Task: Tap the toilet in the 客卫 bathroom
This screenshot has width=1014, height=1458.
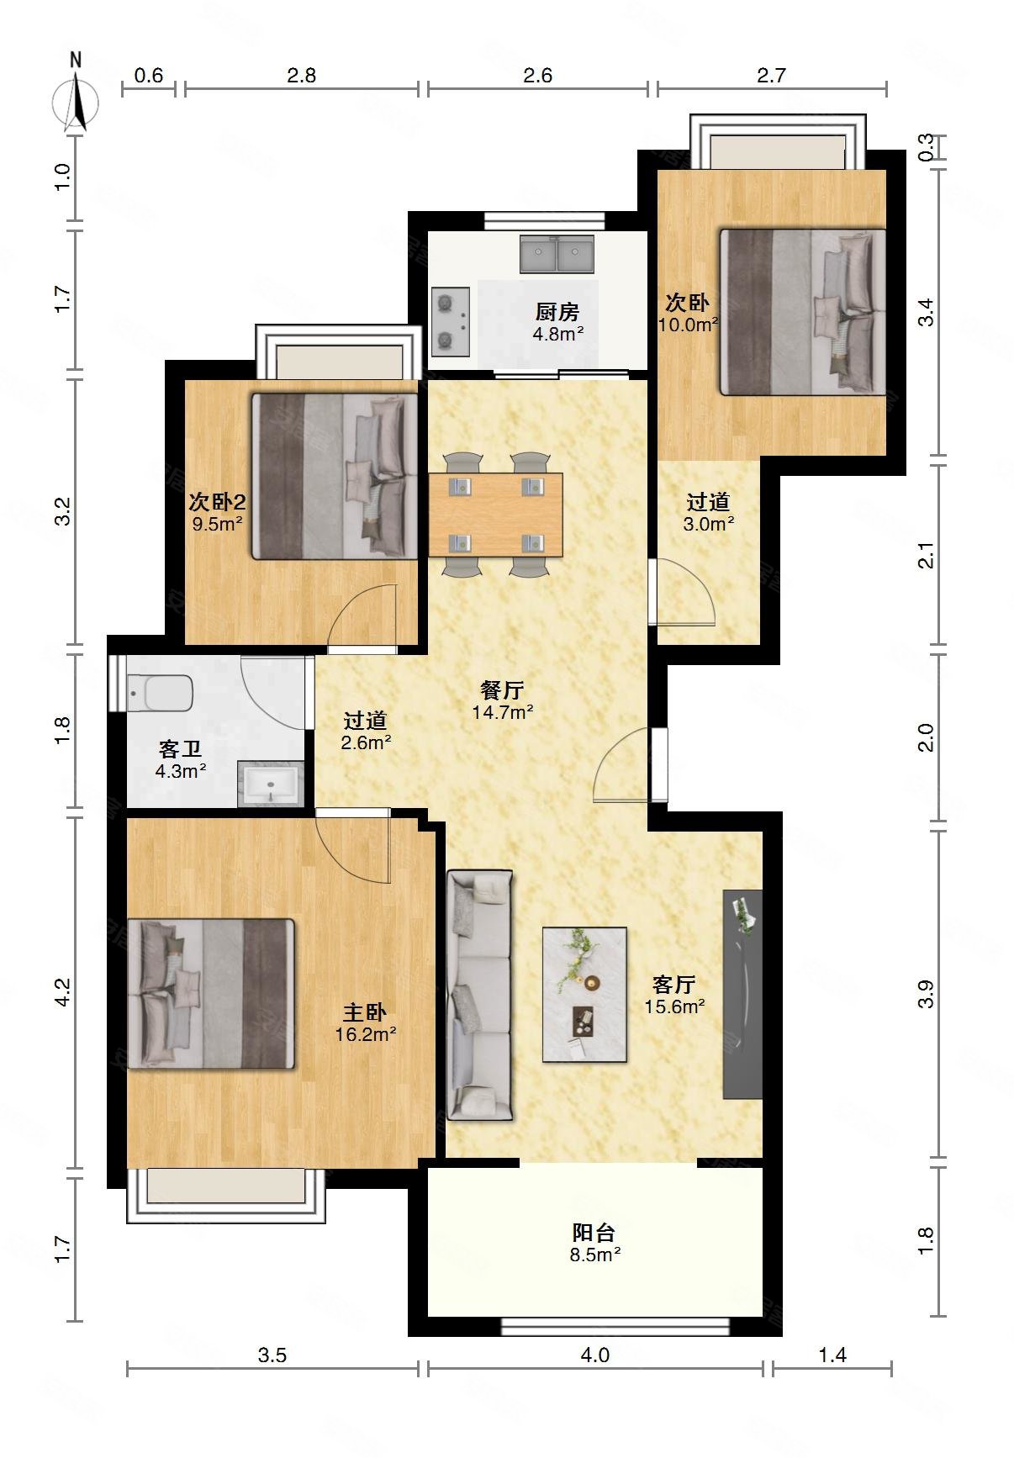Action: click(161, 693)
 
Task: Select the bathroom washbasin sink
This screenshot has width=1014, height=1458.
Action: click(271, 784)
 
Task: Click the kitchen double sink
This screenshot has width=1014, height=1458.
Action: click(557, 254)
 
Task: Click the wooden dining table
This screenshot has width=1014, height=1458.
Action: click(495, 515)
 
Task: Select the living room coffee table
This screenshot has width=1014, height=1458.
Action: click(584, 994)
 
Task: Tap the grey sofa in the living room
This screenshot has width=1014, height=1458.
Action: click(479, 995)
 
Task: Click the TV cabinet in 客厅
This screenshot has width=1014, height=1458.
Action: click(742, 994)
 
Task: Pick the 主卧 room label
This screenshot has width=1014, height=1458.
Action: click(364, 1012)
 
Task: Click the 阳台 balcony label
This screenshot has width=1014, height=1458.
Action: click(594, 1233)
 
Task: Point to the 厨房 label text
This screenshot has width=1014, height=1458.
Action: click(557, 312)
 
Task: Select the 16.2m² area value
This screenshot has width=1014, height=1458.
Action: click(366, 1034)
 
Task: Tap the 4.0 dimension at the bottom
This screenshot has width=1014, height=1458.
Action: click(594, 1355)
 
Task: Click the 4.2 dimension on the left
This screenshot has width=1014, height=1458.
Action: click(61, 992)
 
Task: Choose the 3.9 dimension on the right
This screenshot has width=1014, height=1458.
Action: click(925, 994)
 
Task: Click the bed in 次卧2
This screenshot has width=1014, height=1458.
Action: click(335, 477)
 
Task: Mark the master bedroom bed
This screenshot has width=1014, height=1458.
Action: click(211, 994)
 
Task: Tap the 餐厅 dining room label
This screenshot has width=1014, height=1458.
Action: click(502, 690)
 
